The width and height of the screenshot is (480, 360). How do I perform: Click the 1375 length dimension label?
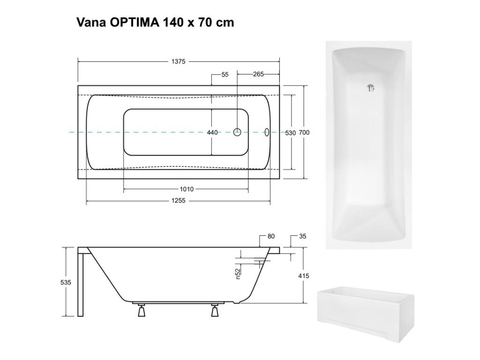tap(178, 61)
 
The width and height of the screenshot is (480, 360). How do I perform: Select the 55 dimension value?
tap(225, 75)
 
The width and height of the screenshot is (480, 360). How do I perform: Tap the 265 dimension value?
tap(258, 75)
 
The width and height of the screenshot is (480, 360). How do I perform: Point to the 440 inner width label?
tap(212, 133)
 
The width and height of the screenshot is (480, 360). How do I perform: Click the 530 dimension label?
tap(291, 133)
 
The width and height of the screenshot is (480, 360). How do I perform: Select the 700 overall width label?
tap(305, 133)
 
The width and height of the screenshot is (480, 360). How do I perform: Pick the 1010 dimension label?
tap(186, 189)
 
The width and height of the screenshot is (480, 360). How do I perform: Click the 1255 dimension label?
tap(178, 201)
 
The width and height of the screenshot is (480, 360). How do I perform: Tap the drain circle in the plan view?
tap(237, 132)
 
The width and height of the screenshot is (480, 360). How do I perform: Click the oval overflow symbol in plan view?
tap(268, 132)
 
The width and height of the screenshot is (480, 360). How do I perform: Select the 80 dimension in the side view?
tap(271, 236)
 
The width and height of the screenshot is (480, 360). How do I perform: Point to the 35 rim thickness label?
tap(302, 236)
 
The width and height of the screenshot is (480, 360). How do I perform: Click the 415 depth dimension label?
tap(304, 276)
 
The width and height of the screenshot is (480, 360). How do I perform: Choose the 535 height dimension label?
tap(66, 282)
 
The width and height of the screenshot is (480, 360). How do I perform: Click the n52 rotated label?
tap(238, 273)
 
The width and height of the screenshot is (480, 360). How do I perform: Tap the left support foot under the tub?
tap(141, 310)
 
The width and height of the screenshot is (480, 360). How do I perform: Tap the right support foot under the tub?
tap(215, 310)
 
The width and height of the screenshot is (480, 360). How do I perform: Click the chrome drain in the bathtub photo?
tap(370, 88)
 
